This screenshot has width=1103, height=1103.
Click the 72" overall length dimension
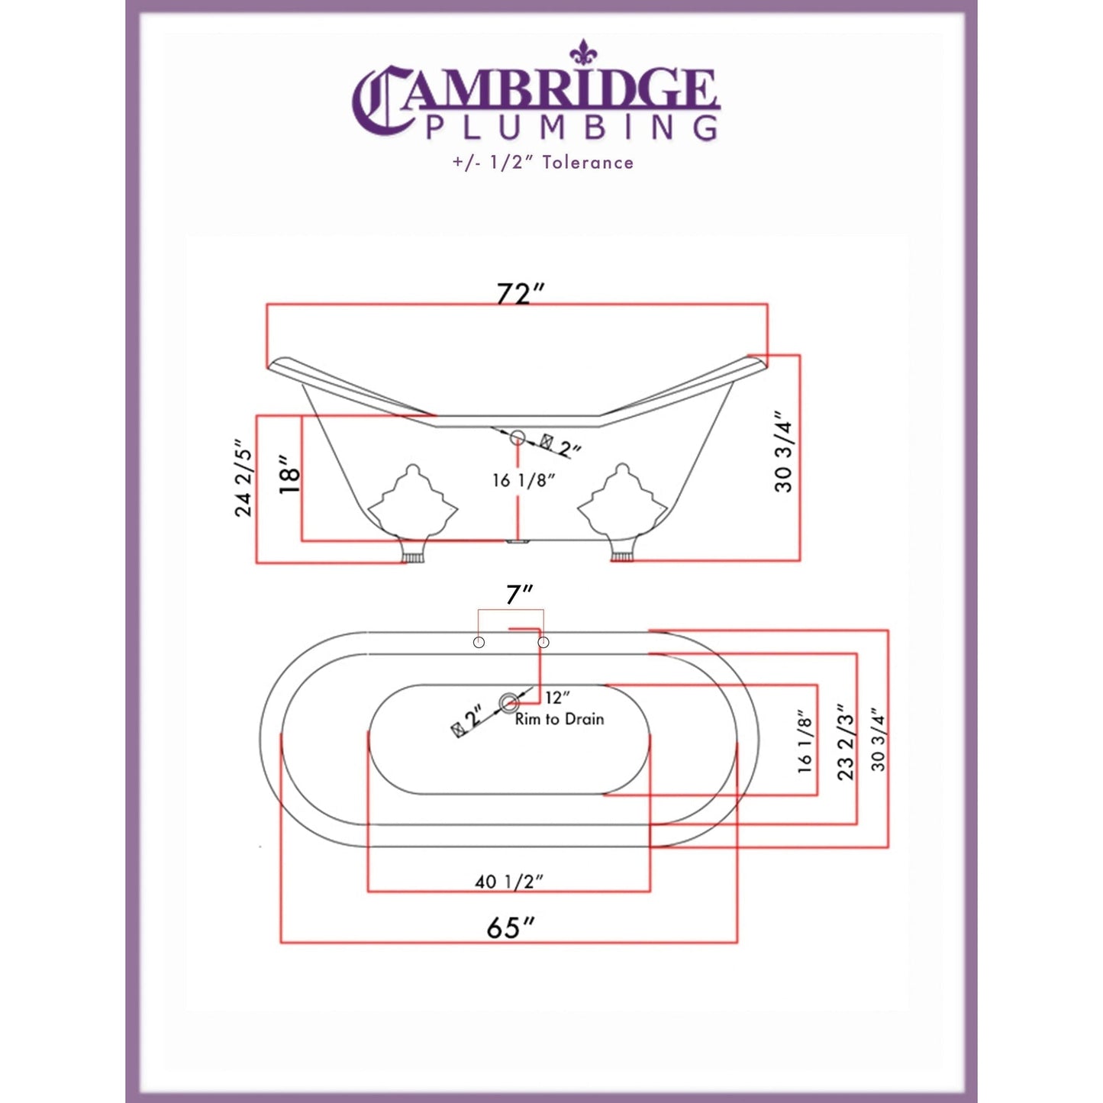520,293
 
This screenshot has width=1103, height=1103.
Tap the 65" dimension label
510,927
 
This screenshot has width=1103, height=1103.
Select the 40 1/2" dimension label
508,882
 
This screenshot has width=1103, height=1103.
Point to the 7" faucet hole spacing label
519,594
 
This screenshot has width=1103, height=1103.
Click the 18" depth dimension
289,475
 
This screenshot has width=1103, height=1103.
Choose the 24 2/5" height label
243,479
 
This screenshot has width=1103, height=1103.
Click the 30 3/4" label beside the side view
784,452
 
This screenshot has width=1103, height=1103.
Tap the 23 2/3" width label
845,742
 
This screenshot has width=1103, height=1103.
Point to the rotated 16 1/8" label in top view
805,742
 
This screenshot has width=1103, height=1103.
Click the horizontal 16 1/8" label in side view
523,480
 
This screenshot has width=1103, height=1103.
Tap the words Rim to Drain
560,719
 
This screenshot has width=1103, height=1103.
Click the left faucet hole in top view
479,642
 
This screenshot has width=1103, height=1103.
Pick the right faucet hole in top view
543,642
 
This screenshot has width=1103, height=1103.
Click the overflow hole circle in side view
518,437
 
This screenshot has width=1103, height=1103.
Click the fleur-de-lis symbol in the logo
583,52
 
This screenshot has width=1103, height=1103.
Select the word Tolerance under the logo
588,163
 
